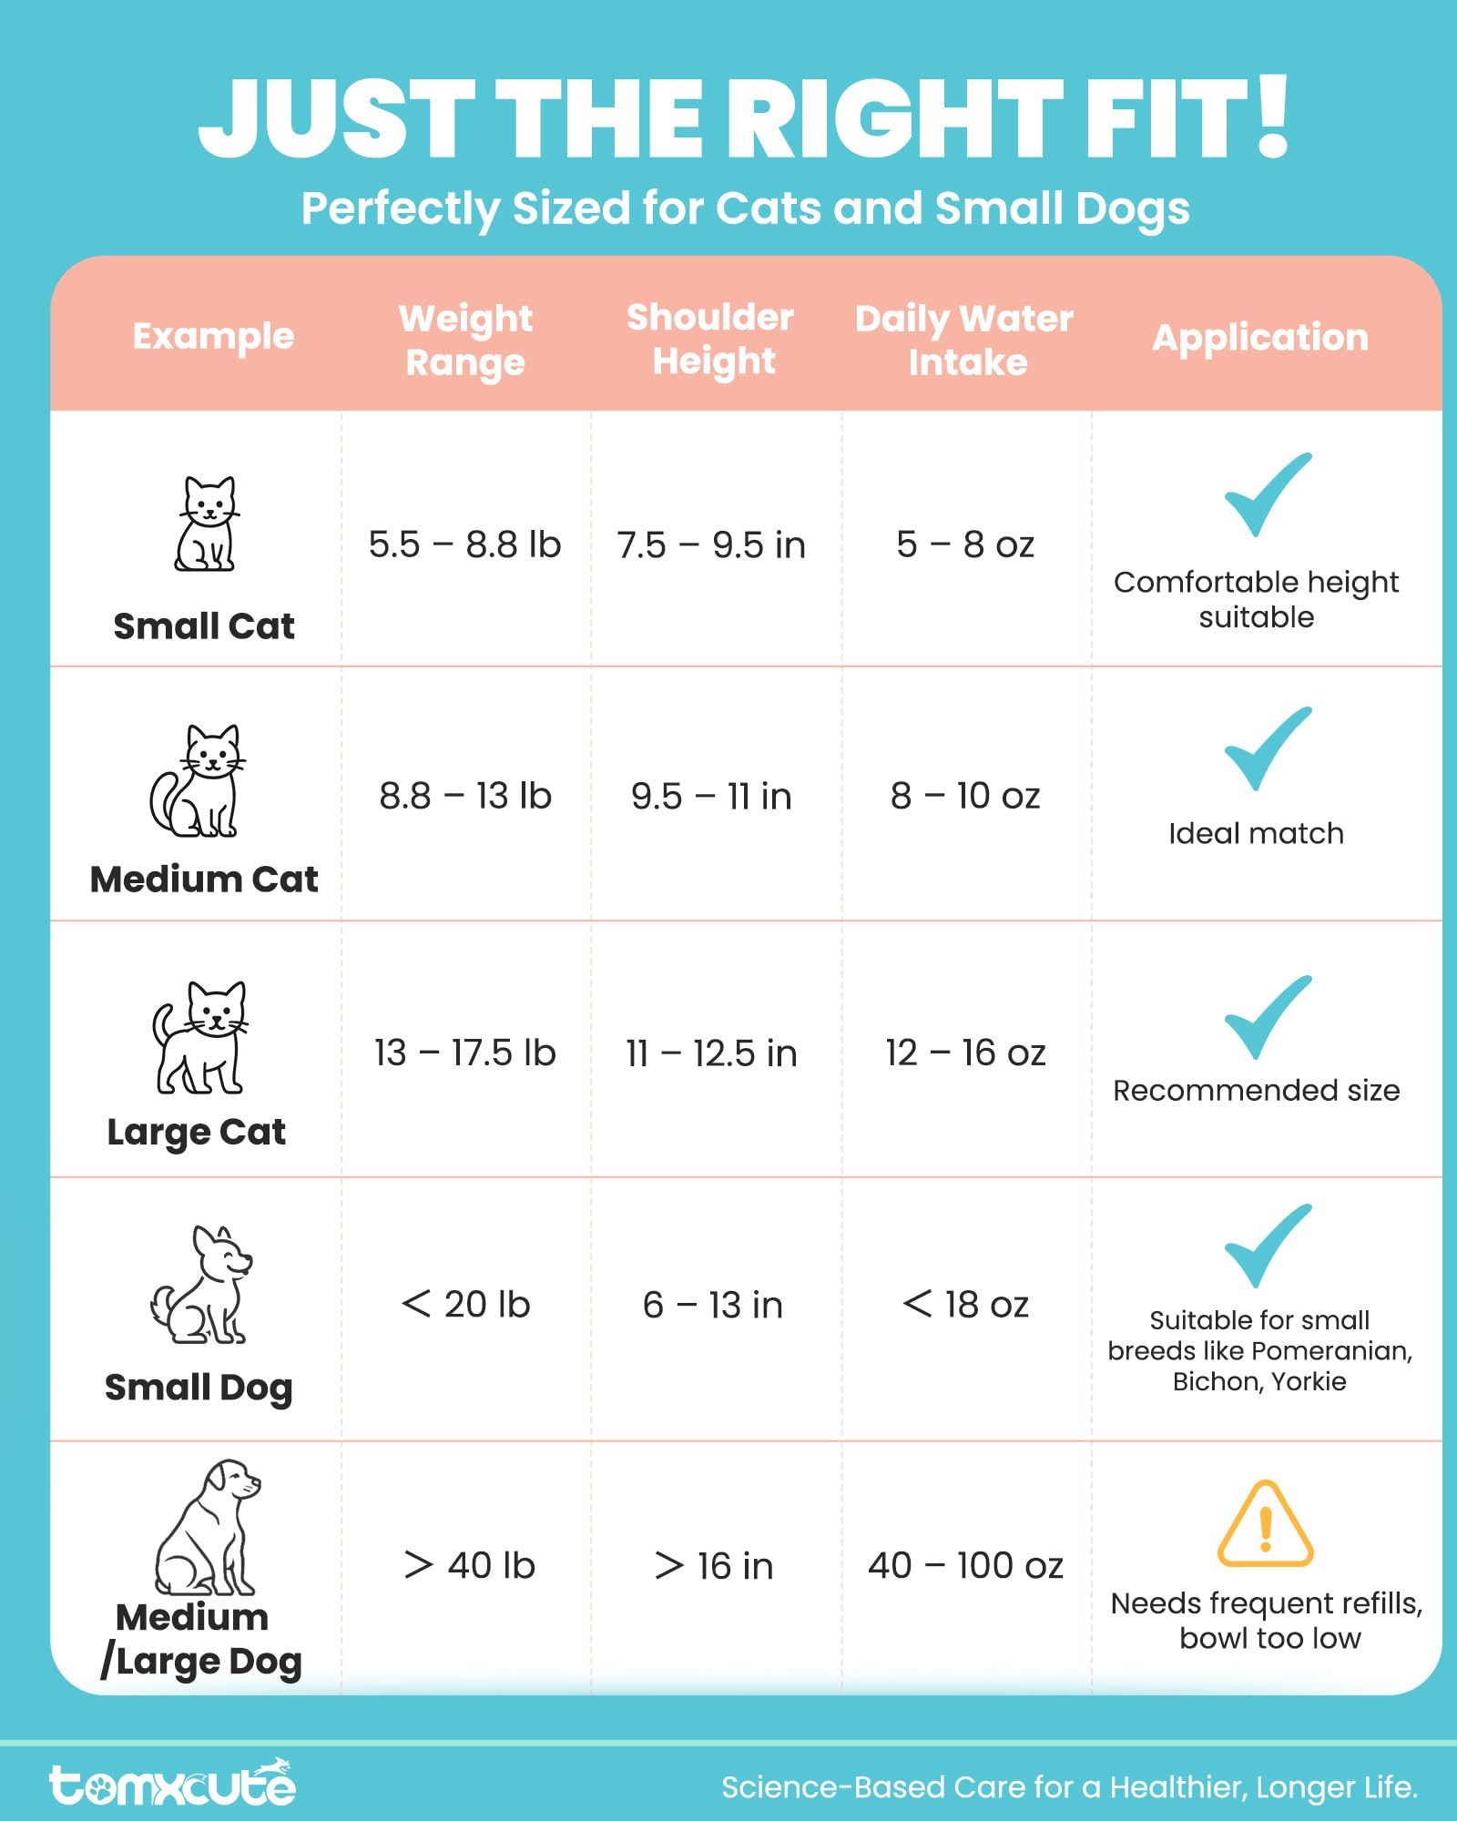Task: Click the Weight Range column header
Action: coord(465,340)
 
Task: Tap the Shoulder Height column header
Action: coord(710,339)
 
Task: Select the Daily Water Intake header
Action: coord(964,340)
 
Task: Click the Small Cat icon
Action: coord(206,524)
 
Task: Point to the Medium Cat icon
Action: coord(198,781)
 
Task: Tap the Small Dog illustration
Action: coord(201,1286)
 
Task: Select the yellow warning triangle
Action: coord(1265,1525)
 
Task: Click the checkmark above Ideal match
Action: coord(1267,748)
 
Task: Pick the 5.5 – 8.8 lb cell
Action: coord(464,544)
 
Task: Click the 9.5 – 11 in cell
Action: coord(711,797)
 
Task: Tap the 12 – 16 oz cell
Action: coord(965,1053)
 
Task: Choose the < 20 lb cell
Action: coord(465,1305)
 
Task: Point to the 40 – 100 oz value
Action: coord(965,1565)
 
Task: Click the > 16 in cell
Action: coord(714,1566)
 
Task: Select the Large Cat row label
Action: coord(197,1132)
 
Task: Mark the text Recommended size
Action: coord(1256,1090)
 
